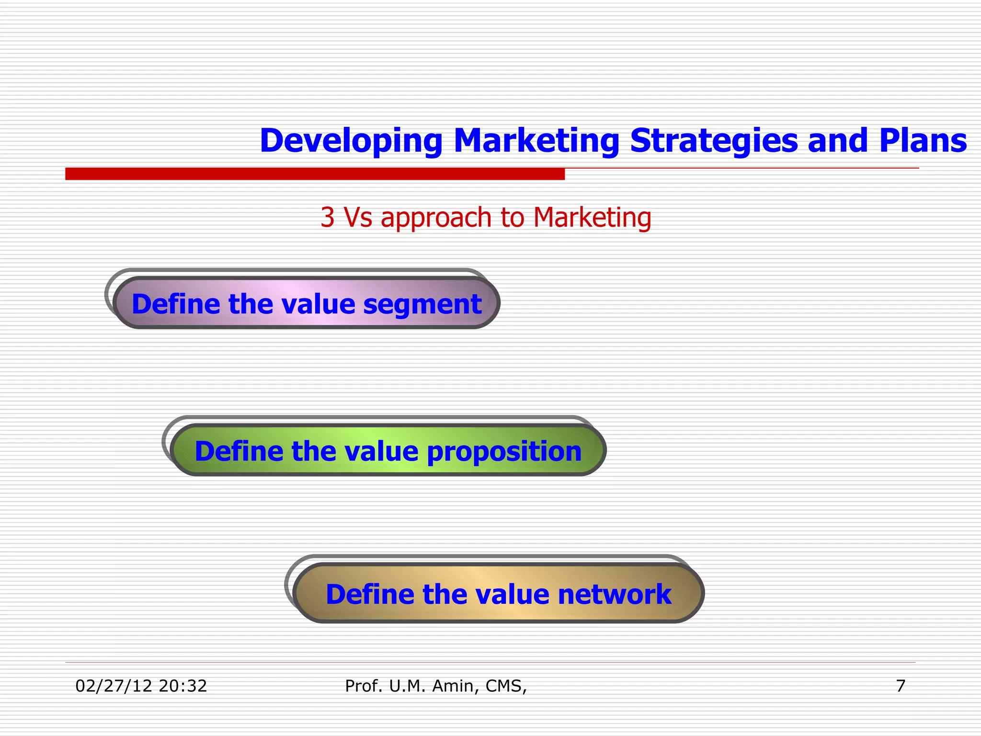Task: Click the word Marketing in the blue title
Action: coord(536,141)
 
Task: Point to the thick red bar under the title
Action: coord(315,173)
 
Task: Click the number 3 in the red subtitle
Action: coord(327,218)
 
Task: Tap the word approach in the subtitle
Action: coord(436,218)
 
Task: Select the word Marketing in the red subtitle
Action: coord(592,218)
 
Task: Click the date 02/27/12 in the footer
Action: coord(114,686)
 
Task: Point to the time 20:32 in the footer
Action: coord(183,686)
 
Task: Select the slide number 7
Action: coord(901,686)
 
